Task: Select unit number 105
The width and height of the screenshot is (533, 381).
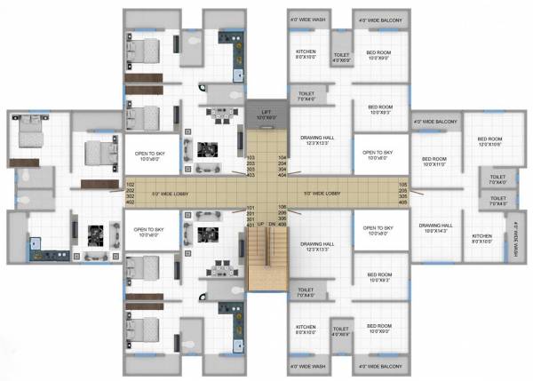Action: coord(402,186)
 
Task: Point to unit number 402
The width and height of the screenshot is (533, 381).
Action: coord(131,203)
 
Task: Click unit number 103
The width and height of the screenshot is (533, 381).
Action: coord(250,158)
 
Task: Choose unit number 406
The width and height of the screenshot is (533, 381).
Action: coord(282,226)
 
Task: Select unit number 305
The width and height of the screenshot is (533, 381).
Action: coord(402,198)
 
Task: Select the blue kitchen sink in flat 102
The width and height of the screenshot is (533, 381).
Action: coord(36,241)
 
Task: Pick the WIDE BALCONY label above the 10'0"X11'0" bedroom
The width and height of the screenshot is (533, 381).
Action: coord(434,122)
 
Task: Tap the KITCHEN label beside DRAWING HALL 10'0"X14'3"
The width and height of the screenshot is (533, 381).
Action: coord(482,238)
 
